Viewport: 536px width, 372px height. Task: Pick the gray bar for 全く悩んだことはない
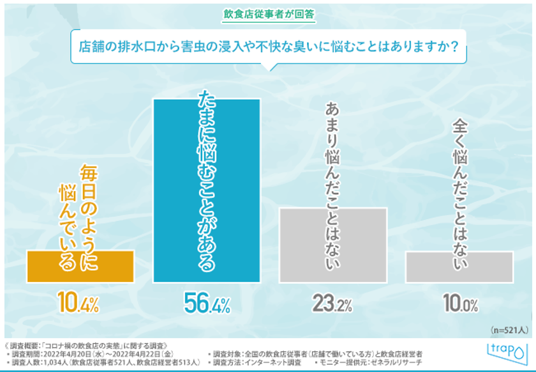tap(459, 267)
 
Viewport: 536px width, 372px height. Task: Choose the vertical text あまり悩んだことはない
tap(332, 185)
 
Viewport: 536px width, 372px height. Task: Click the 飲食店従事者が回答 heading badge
tap(269, 13)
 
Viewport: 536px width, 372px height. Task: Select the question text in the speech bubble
tap(269, 47)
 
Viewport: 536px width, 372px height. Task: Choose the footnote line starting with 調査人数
tap(102, 363)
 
